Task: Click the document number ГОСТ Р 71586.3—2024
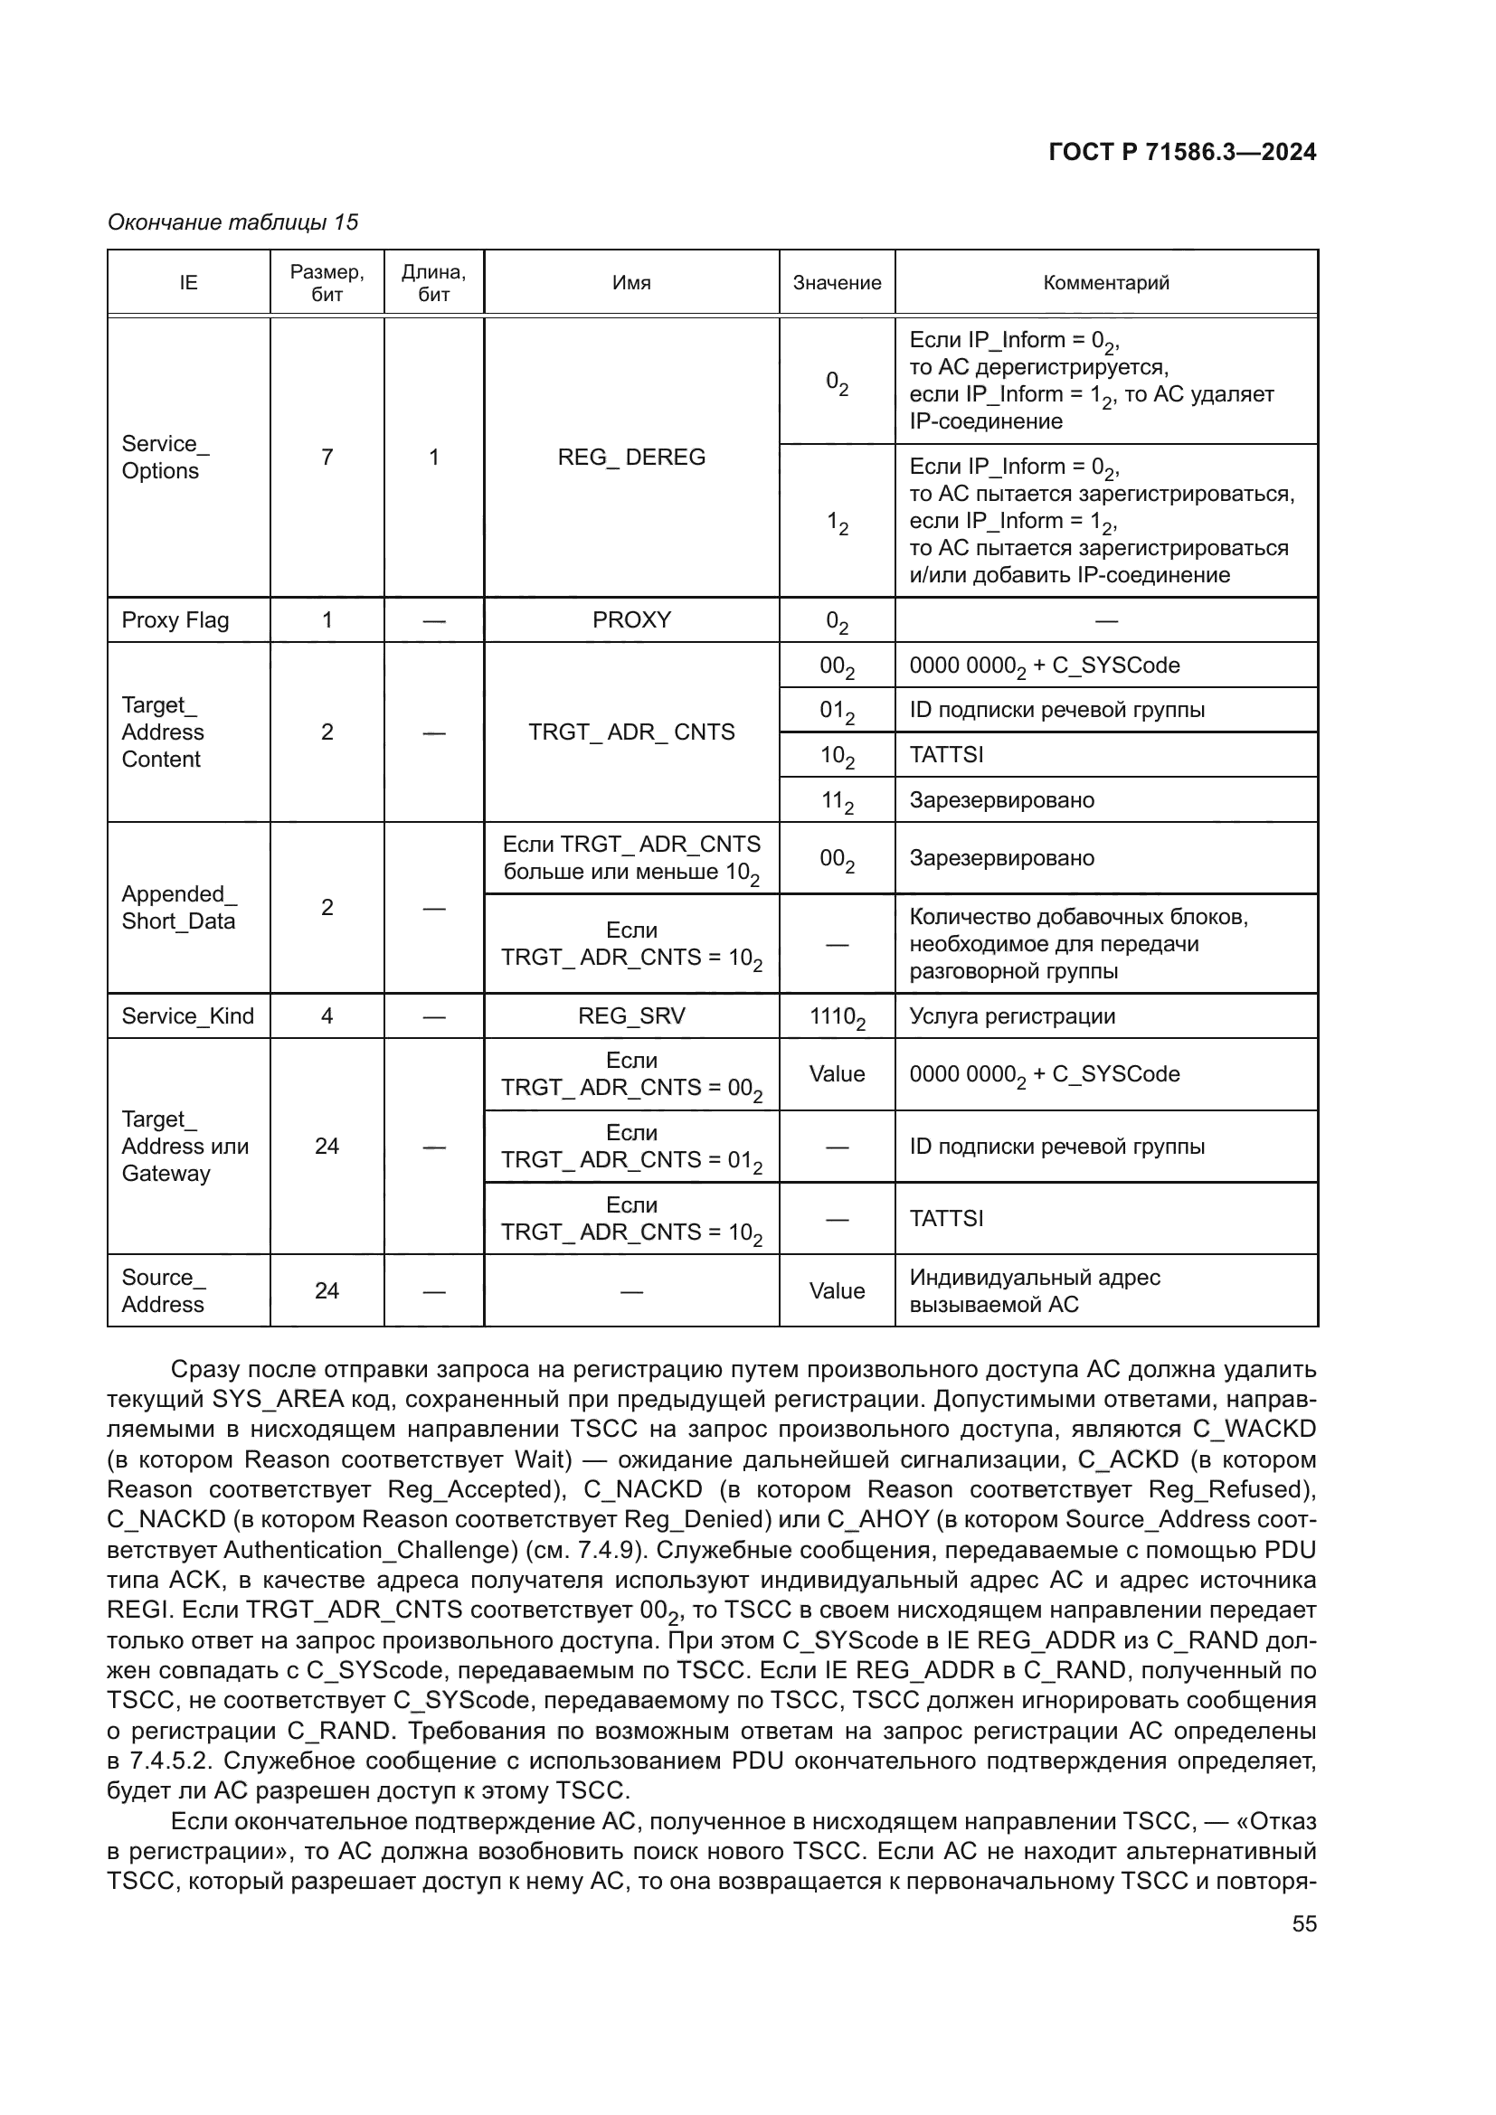tap(1182, 153)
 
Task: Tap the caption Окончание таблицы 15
tap(233, 222)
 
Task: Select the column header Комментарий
tap(1105, 283)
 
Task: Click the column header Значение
tap(837, 283)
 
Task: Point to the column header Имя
tap(631, 283)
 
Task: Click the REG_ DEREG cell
tap(631, 457)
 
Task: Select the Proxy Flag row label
tap(175, 620)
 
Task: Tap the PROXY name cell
tap(631, 620)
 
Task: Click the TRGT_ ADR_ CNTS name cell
tap(631, 732)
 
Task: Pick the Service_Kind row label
tap(188, 1016)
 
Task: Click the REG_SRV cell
tap(631, 1016)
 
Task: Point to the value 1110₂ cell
tap(837, 1017)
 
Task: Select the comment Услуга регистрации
tap(1011, 1016)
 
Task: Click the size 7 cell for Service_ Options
tap(327, 457)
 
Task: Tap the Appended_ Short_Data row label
tap(180, 907)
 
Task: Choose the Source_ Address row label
tap(164, 1290)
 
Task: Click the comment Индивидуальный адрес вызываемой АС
tap(1034, 1290)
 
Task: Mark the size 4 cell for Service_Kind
tap(327, 1016)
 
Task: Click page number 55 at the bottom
tap(1303, 1923)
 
